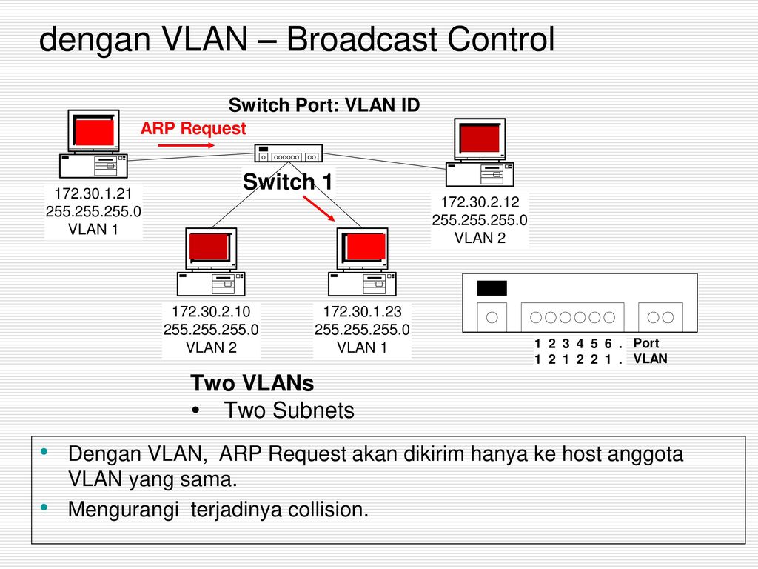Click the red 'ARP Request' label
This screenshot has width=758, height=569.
[x=193, y=128]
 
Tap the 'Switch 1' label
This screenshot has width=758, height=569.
[x=288, y=182]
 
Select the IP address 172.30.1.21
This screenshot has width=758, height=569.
[x=93, y=193]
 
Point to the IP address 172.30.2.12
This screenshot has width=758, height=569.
[x=480, y=202]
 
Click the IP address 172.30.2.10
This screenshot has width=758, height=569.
[x=211, y=312]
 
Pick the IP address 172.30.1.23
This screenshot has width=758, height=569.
[x=363, y=312]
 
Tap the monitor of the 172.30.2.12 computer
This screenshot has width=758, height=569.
[x=480, y=139]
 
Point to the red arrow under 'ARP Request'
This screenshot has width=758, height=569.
[x=186, y=145]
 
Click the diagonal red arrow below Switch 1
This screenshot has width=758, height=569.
[x=319, y=208]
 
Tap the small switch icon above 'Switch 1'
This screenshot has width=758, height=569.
[x=289, y=153]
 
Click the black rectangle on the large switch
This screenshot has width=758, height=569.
[x=492, y=288]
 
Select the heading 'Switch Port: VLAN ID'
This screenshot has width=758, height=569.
[x=324, y=105]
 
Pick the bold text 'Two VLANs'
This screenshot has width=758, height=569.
[x=252, y=383]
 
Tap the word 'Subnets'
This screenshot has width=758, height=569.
[x=313, y=410]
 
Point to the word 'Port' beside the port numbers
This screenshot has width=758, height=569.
[x=646, y=343]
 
